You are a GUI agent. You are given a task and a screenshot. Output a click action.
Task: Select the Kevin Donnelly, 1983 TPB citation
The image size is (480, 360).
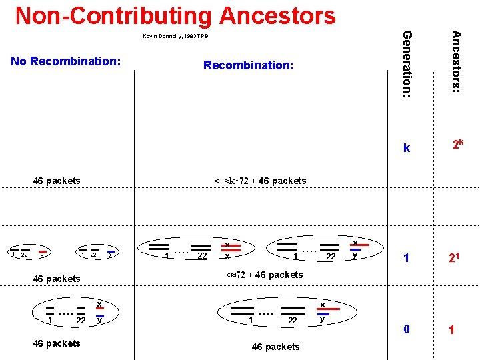tap(175, 36)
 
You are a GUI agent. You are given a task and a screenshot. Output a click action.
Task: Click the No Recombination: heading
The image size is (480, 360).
tap(65, 61)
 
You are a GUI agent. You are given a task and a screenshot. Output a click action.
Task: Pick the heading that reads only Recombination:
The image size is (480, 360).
tap(248, 65)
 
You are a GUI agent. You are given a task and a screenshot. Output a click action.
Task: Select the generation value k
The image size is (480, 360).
tap(407, 148)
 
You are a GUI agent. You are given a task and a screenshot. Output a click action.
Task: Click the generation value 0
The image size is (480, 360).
tap(406, 328)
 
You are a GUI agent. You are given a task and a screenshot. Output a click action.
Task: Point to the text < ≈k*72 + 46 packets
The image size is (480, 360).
tap(260, 181)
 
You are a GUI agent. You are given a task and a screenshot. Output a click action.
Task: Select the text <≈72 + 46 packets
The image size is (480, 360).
tap(263, 275)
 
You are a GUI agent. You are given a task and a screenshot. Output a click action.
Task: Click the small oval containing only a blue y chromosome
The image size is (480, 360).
tap(96, 254)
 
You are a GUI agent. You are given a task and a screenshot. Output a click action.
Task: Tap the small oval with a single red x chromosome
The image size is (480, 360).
tap(28, 254)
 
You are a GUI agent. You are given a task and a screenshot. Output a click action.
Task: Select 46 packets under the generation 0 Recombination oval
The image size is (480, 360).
tap(275, 347)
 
